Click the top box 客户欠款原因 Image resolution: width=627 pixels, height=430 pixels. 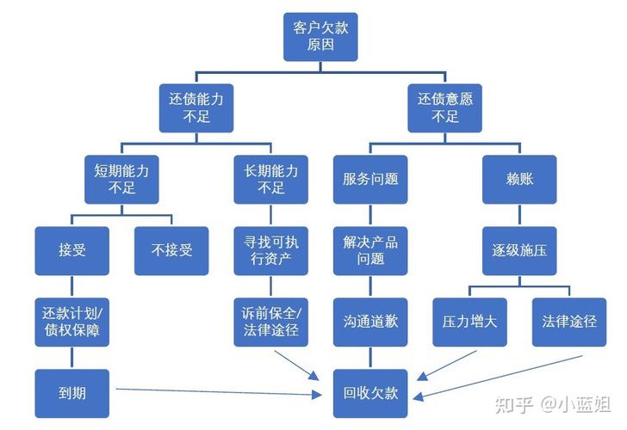point(320,36)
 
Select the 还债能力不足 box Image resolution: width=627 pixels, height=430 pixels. point(196,107)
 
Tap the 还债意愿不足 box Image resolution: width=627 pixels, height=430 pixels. point(444,107)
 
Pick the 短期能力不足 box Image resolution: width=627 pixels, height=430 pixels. point(121,179)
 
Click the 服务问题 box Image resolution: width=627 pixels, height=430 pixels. point(370,179)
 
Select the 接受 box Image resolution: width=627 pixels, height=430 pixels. point(72,250)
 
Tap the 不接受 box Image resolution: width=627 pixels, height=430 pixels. point(171,250)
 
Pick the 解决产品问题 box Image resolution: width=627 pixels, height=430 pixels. point(370,250)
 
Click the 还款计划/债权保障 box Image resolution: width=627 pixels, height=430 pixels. point(72,322)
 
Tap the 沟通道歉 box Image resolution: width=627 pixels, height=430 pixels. point(370,322)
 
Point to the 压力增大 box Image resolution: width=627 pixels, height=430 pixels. point(469,322)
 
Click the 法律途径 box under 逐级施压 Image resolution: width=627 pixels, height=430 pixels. point(568,322)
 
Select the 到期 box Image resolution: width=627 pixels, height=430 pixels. point(72,393)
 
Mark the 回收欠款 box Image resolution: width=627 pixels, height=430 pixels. point(370,393)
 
